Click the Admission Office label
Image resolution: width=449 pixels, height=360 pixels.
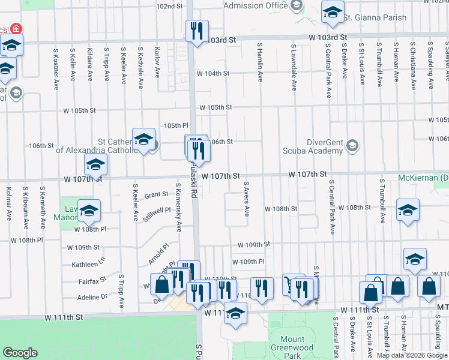coord(255,5)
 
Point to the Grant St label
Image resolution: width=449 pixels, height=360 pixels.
coord(156,194)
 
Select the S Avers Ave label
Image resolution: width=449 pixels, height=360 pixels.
coord(246,199)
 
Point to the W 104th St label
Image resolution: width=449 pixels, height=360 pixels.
coord(213,73)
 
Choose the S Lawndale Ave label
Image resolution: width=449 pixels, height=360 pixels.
coord(294,67)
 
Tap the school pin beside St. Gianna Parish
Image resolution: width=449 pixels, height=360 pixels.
coord(333,13)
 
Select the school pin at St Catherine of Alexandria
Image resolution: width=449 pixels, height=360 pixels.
coord(143,140)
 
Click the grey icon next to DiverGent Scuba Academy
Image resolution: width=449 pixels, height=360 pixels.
coord(352,146)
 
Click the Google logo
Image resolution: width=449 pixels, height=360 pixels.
coord(20,353)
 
